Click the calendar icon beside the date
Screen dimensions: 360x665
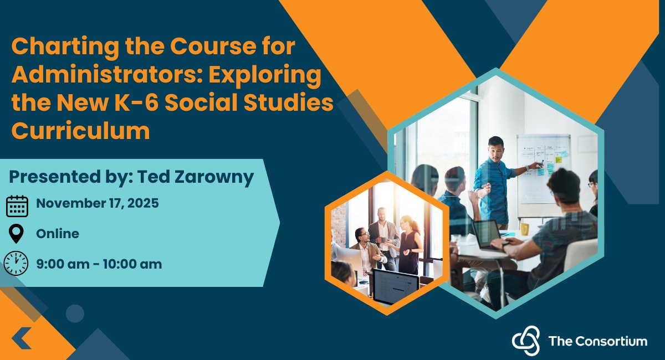click(x=17, y=206)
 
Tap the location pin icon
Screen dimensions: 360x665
click(x=17, y=234)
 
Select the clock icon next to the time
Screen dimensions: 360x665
click(x=16, y=263)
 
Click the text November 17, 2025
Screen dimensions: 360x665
click(x=98, y=203)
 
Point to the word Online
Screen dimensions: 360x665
click(x=58, y=234)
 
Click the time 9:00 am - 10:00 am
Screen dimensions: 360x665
click(x=99, y=264)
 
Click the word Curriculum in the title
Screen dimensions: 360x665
click(x=81, y=131)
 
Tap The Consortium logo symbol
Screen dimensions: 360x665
click(x=525, y=340)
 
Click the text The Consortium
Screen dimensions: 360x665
click(x=597, y=341)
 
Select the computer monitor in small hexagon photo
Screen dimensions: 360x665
click(x=395, y=286)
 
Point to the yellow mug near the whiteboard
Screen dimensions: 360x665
click(x=524, y=229)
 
